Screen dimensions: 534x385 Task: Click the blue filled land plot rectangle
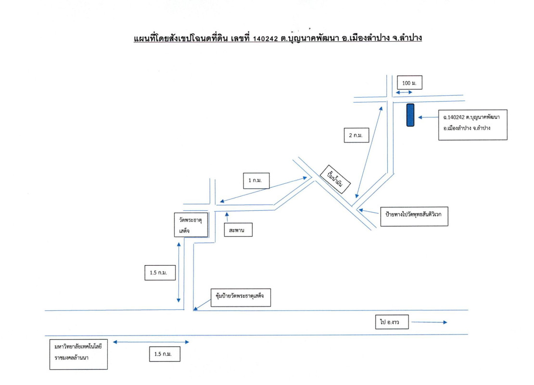tap(410, 115)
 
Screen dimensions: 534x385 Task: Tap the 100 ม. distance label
tap(409, 83)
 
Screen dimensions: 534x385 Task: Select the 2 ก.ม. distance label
tap(356, 135)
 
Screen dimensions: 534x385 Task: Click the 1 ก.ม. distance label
tap(256, 180)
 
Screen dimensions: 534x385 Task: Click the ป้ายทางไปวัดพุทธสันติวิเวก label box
tap(414, 216)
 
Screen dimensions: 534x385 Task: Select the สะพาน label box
tap(238, 230)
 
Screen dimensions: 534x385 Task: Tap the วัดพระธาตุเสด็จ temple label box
tap(191, 225)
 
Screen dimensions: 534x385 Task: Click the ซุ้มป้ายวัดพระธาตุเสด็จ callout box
tap(241, 297)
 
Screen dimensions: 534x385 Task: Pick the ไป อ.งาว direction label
tap(392, 322)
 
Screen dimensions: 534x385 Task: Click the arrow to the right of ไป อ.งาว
tap(429, 322)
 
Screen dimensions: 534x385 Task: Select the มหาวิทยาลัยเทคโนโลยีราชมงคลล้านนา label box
tap(79, 354)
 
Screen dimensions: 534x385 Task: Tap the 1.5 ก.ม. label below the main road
tap(165, 354)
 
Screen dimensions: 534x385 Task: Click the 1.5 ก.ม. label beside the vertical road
tap(160, 272)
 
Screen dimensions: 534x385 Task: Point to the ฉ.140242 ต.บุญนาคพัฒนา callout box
tap(473, 125)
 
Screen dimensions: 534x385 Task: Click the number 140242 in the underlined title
tap(265, 39)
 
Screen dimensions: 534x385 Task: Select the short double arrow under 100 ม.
tap(404, 92)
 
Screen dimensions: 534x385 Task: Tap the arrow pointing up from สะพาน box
tap(227, 217)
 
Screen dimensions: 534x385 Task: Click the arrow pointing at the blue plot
tap(428, 117)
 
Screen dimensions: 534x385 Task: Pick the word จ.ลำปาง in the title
tap(407, 38)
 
